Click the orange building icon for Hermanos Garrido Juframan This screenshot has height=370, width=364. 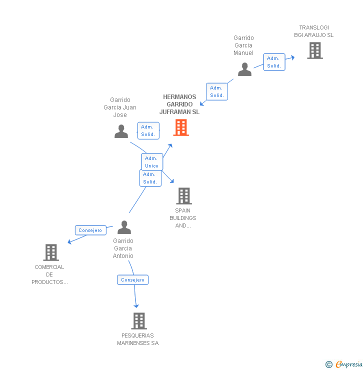click(181, 127)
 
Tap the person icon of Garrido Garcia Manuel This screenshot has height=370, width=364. click(244, 69)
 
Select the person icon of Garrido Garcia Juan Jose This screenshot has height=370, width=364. click(121, 131)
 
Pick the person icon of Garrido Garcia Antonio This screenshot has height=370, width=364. click(123, 227)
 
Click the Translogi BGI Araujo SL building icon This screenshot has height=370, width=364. click(314, 50)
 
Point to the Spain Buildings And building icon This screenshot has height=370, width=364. click(184, 196)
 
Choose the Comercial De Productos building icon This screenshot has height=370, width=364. click(51, 252)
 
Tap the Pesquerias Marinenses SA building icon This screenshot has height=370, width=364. click(138, 320)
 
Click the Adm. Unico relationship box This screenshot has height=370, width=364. click(151, 162)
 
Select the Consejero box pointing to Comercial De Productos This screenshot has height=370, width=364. click(90, 230)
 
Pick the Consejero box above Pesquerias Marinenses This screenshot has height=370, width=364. click(132, 280)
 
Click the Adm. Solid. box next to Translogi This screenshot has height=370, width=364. click(274, 62)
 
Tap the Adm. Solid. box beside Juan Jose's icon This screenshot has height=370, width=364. click(148, 130)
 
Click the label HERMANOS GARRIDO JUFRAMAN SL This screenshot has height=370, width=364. click(179, 104)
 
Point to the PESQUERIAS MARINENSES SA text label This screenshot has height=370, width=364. click(137, 339)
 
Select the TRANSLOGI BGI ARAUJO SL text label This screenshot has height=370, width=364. click(313, 31)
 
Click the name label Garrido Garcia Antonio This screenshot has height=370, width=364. click(123, 248)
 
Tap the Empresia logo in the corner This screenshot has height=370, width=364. click(344, 364)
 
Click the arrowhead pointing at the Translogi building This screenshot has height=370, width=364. click(292, 57)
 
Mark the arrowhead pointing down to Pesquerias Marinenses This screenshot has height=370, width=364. click(136, 305)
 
